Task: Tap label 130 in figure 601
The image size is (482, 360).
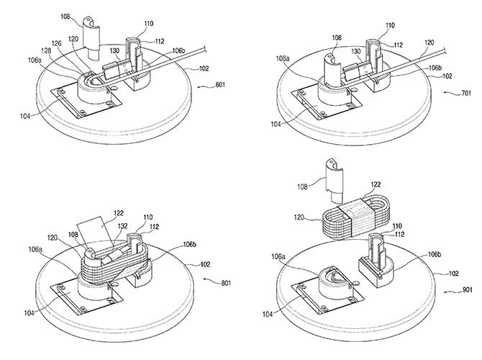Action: pos(116,51)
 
